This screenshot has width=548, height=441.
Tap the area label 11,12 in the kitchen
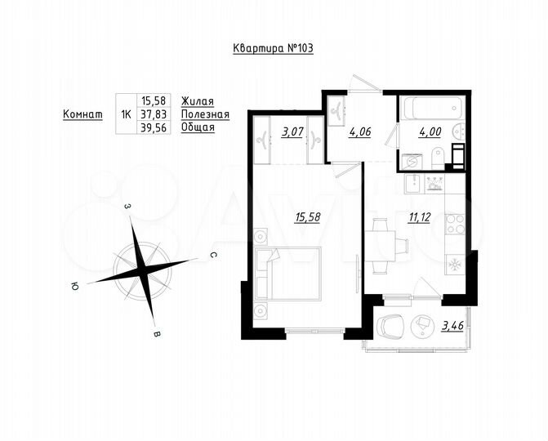click(420, 216)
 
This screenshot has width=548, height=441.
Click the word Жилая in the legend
click(197, 101)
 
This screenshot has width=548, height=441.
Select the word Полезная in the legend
click(205, 115)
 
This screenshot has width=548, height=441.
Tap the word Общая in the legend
click(198, 128)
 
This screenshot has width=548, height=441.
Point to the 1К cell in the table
click(126, 115)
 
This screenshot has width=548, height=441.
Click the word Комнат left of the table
click(82, 115)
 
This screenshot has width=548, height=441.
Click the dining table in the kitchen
click(380, 243)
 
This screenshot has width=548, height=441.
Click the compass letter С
click(212, 256)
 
